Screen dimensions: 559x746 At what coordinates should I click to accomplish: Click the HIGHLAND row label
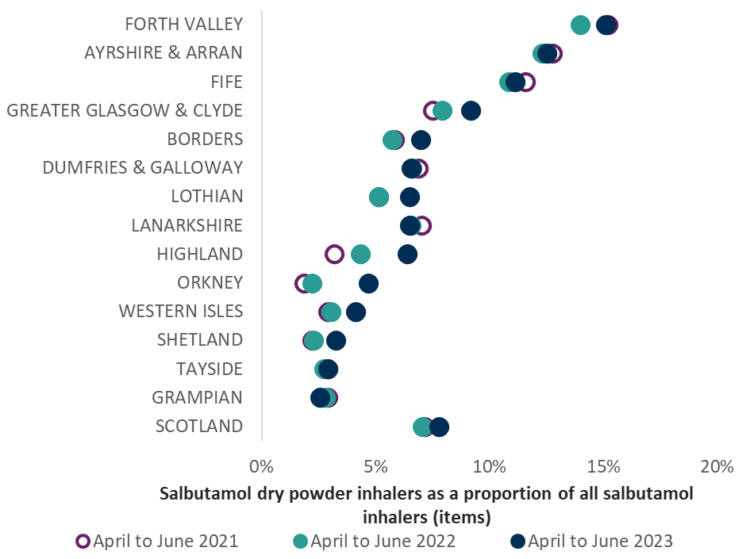[x=199, y=254]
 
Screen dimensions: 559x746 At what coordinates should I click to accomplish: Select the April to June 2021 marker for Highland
[x=334, y=255]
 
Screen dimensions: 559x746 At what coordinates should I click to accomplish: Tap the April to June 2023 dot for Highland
[x=407, y=255]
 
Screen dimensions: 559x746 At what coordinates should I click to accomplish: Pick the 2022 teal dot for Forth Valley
[x=581, y=25]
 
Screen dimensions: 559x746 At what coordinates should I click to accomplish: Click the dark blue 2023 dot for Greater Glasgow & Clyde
[x=471, y=111]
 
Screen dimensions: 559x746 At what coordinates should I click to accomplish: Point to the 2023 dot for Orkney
[x=369, y=283]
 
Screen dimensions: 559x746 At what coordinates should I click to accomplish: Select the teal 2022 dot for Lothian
[x=379, y=197]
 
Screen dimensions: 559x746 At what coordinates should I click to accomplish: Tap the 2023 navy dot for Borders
[x=421, y=140]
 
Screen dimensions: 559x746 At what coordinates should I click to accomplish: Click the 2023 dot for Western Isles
[x=356, y=312]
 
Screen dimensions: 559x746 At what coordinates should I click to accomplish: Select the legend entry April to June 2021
[x=157, y=542]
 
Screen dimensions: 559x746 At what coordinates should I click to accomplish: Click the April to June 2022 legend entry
[x=374, y=542]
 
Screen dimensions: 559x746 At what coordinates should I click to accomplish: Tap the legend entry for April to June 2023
[x=592, y=542]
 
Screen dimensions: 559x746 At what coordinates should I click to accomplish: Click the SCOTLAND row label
[x=198, y=426]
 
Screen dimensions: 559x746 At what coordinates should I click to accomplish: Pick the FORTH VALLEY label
[x=183, y=24]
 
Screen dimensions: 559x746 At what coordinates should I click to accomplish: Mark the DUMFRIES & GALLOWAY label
[x=142, y=167]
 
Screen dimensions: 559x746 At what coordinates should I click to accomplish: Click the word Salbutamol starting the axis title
[x=198, y=493]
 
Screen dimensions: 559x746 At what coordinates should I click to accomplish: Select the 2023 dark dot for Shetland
[x=336, y=341]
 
